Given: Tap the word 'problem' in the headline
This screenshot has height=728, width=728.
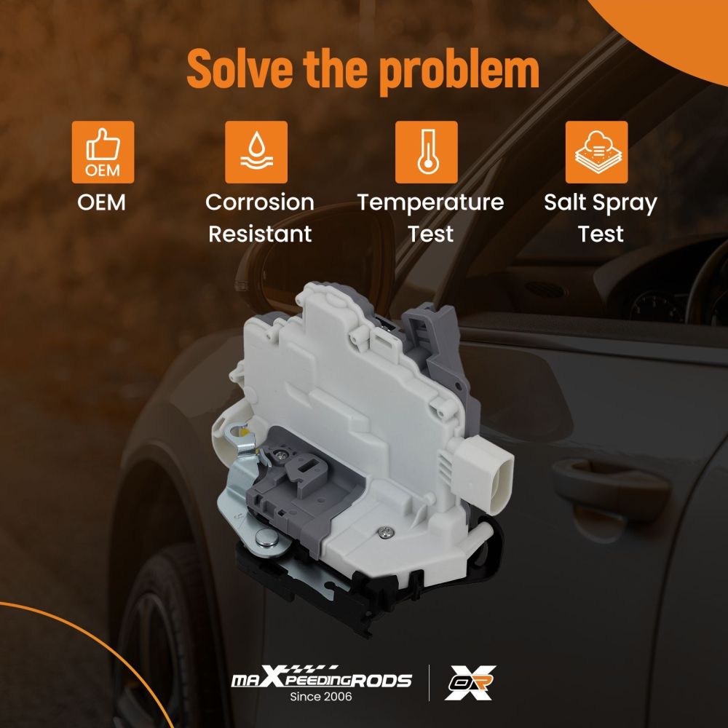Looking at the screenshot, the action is pyautogui.click(x=459, y=71).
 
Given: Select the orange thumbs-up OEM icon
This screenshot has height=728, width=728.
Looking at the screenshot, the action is pyautogui.click(x=103, y=152).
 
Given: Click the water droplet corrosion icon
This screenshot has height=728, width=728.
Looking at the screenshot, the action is pyautogui.click(x=256, y=152).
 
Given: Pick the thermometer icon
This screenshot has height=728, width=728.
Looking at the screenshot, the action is pyautogui.click(x=426, y=152).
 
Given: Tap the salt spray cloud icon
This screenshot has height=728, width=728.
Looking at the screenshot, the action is pyautogui.click(x=597, y=152).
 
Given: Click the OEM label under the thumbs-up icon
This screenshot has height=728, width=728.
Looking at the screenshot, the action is pyautogui.click(x=102, y=202).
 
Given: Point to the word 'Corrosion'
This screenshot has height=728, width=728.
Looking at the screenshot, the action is pyautogui.click(x=260, y=202).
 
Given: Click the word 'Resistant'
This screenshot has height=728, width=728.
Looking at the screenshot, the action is pyautogui.click(x=260, y=234).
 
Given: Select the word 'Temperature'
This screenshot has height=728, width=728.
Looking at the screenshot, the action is pyautogui.click(x=430, y=203).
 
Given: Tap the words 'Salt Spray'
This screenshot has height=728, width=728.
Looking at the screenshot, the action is pyautogui.click(x=601, y=203).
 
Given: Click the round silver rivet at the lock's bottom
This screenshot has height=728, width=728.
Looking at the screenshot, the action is pyautogui.click(x=266, y=539).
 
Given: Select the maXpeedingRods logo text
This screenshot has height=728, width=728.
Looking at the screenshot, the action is pyautogui.click(x=321, y=678).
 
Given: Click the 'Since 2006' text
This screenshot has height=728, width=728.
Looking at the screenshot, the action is pyautogui.click(x=321, y=697).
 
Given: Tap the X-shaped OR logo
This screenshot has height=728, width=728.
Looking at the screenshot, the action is pyautogui.click(x=470, y=683).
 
